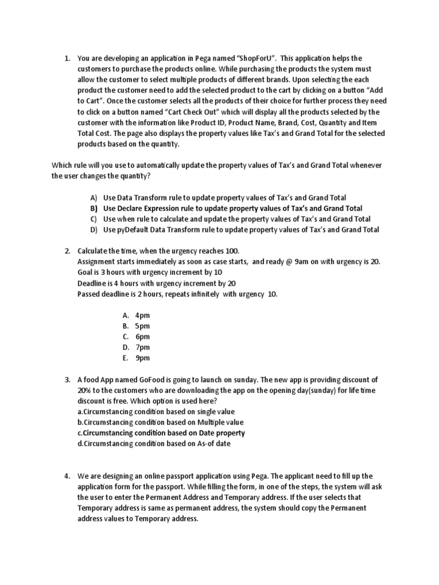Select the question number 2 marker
[x=67, y=251]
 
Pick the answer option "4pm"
[x=142, y=315]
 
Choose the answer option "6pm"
[x=142, y=337]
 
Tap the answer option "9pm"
[x=142, y=358]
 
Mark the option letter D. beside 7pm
[x=126, y=347]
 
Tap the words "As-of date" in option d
[x=212, y=444]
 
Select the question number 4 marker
[x=67, y=476]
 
